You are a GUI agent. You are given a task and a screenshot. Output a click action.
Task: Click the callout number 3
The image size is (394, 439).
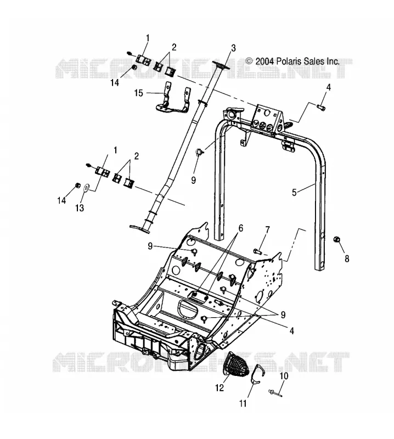pyautogui.click(x=233, y=48)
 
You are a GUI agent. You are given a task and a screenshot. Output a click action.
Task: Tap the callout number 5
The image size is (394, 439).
pyautogui.click(x=294, y=193)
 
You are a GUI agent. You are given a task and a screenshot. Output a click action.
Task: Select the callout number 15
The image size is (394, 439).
pyautogui.click(x=139, y=93)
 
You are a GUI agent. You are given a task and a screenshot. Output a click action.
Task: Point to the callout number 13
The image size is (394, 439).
pyautogui.click(x=80, y=208)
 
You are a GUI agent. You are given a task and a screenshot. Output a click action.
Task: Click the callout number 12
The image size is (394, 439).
pyautogui.click(x=220, y=388)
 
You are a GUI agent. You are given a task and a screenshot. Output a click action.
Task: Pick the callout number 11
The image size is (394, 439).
pyautogui.click(x=243, y=403)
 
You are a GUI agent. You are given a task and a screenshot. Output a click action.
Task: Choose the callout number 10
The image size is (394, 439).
pyautogui.click(x=284, y=376)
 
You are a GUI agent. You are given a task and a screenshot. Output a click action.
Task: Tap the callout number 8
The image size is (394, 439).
pyautogui.click(x=347, y=258)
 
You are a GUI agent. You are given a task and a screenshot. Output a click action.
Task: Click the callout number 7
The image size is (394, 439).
pyautogui.click(x=267, y=230)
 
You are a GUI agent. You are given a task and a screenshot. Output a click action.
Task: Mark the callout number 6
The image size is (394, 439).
pyautogui.click(x=240, y=228)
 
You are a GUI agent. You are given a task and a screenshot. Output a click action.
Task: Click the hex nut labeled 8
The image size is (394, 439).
pyautogui.click(x=336, y=240)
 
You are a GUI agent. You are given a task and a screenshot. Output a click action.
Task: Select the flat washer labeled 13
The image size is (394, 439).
pyautogui.click(x=87, y=187)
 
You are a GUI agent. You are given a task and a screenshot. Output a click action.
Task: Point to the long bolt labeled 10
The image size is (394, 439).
pyautogui.click(x=275, y=393)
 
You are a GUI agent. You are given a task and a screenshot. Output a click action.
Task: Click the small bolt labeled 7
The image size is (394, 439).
pyautogui.click(x=257, y=251)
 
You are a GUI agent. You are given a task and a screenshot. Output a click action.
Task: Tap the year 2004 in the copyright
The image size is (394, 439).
pyautogui.click(x=264, y=61)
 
